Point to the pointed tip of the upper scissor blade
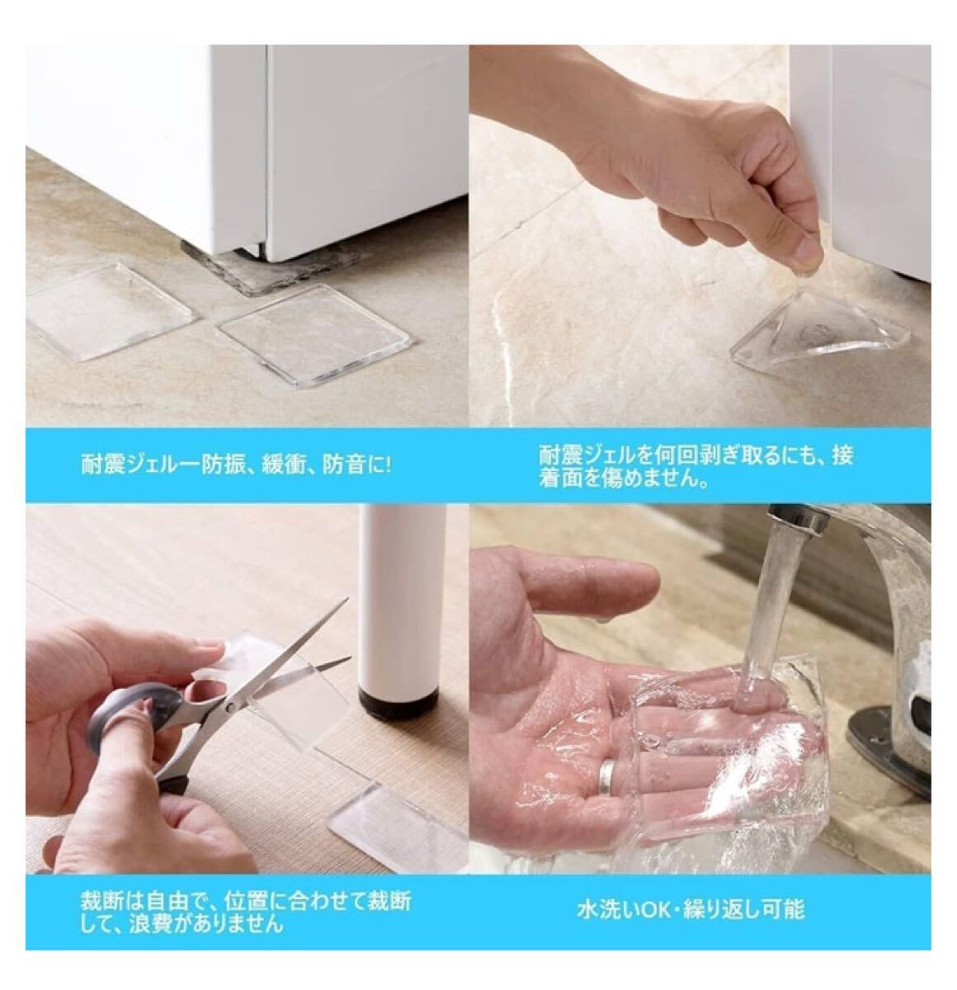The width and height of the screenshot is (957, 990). (x=348, y=601)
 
